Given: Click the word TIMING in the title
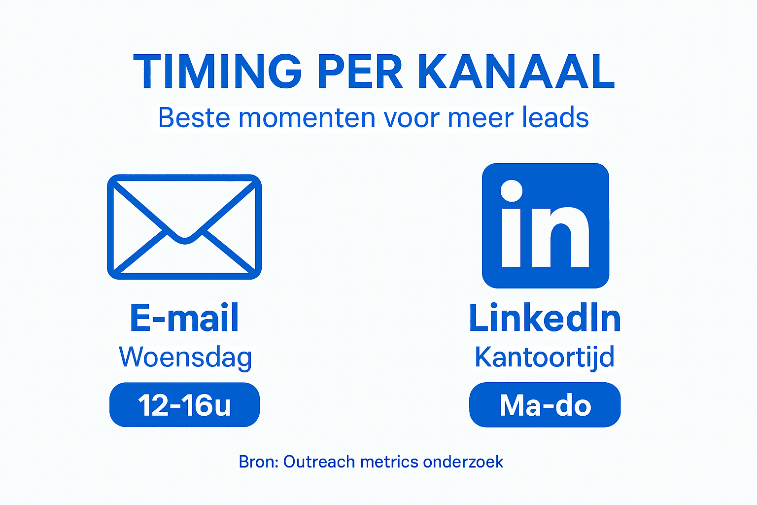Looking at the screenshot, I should pyautogui.click(x=217, y=72).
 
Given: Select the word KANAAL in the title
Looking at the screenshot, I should pyautogui.click(x=516, y=72).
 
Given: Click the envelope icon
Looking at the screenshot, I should pyautogui.click(x=184, y=226).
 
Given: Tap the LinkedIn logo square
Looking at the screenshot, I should pyautogui.click(x=546, y=225).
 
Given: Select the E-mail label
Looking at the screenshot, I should pyautogui.click(x=184, y=318).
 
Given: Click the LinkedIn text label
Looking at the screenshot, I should pyautogui.click(x=545, y=318).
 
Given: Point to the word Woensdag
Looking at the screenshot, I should pyautogui.click(x=185, y=357).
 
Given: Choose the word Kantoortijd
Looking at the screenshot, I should pyautogui.click(x=545, y=357).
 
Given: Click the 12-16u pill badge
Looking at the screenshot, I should pyautogui.click(x=184, y=405).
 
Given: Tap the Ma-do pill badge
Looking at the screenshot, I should pyautogui.click(x=545, y=405).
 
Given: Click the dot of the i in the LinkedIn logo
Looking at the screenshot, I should pyautogui.click(x=512, y=191).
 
